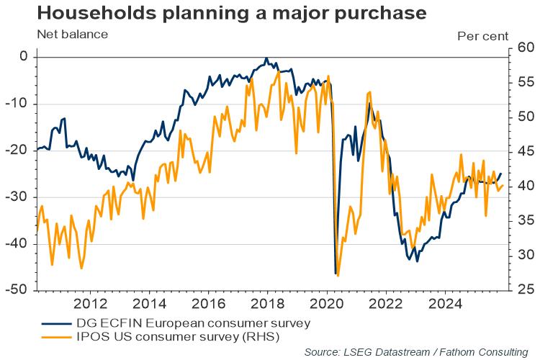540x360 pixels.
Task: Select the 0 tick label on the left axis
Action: tap(23, 56)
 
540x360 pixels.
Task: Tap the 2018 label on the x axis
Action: tap(266, 302)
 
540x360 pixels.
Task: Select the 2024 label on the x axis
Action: tap(443, 302)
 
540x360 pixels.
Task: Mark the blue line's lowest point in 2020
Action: tap(336, 274)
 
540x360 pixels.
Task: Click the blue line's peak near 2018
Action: tap(266, 58)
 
